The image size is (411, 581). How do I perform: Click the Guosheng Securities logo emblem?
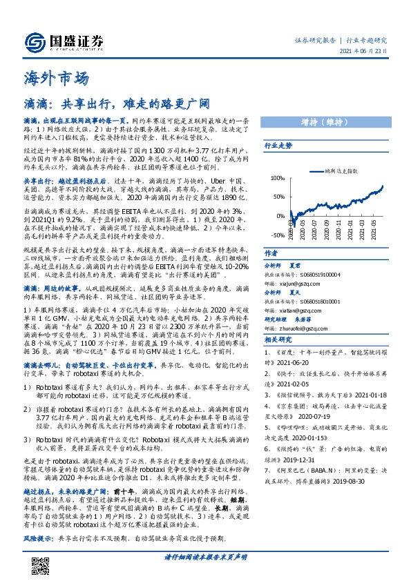tap(33, 42)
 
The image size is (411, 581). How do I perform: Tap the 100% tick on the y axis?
tap(277, 178)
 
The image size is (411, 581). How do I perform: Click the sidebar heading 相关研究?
tap(278, 339)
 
